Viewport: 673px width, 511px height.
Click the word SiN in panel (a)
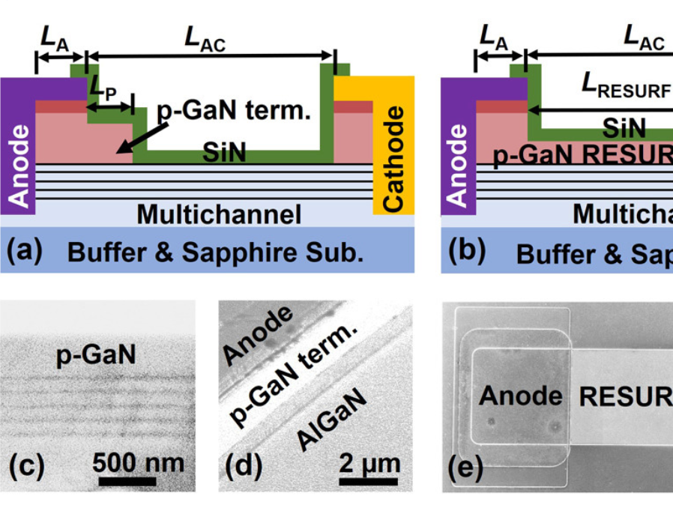point(225,154)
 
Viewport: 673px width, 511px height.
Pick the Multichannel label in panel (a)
point(218,214)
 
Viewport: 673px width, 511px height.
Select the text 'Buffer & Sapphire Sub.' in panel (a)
point(215,253)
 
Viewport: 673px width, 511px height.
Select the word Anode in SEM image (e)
point(521,395)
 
